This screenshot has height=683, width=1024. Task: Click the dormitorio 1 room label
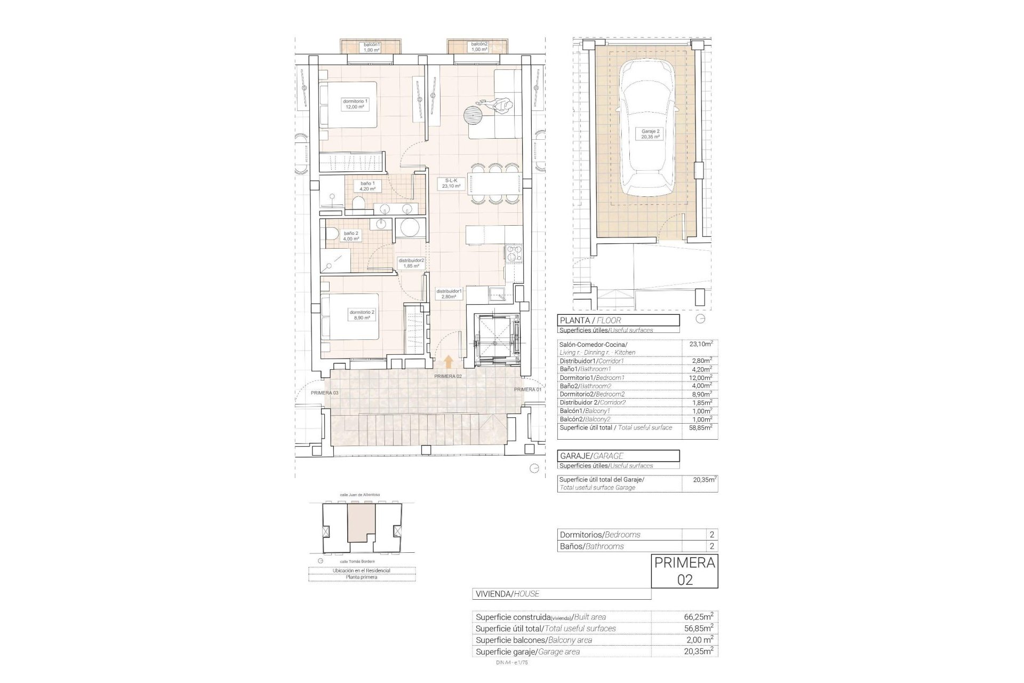click(x=355, y=104)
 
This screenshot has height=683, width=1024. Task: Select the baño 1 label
click(x=367, y=186)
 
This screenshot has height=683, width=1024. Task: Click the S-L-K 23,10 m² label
click(x=448, y=184)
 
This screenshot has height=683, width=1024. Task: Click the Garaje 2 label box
click(x=650, y=133)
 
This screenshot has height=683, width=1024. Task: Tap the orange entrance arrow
click(x=448, y=361)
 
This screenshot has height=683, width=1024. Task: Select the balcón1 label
click(x=371, y=47)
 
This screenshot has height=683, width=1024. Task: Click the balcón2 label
click(x=479, y=47)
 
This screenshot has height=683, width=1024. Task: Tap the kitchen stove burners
click(x=514, y=254)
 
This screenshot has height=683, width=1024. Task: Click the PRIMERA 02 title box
click(x=685, y=571)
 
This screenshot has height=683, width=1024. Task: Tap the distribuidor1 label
click(x=449, y=294)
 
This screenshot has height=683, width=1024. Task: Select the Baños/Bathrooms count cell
click(x=711, y=546)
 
